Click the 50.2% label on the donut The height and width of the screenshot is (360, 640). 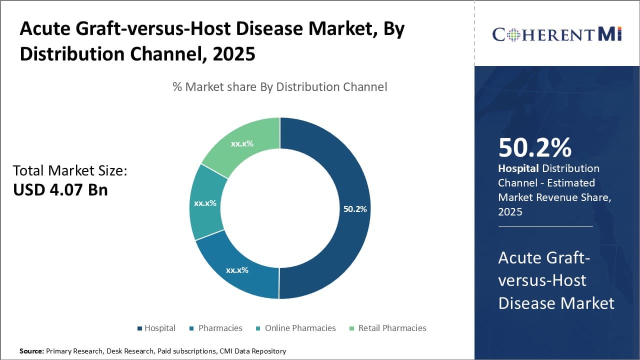[x=355, y=209]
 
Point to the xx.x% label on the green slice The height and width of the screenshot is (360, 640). [x=242, y=143]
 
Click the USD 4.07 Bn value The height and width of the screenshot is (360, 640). [x=60, y=189]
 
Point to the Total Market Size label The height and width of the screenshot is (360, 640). [x=70, y=170]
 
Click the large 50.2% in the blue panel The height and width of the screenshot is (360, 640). [x=535, y=148]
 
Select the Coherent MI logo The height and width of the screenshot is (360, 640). [x=556, y=34]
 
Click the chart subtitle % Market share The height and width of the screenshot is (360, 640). [x=279, y=86]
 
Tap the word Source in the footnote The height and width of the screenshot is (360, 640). [x=31, y=351]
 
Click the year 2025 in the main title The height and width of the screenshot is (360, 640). [x=234, y=54]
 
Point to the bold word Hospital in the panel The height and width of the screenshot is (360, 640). [x=518, y=168]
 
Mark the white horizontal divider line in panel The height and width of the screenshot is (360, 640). [x=545, y=226]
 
